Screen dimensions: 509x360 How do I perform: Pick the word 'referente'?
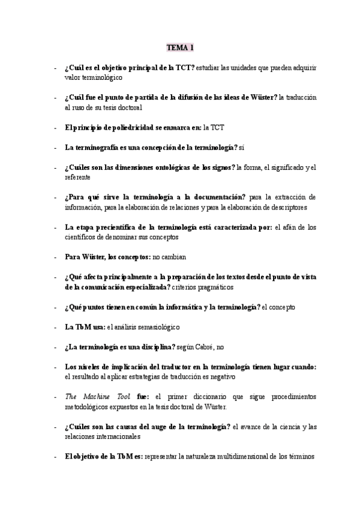[x=77, y=177]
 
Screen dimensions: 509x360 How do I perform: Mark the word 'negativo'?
[x=223, y=377]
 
